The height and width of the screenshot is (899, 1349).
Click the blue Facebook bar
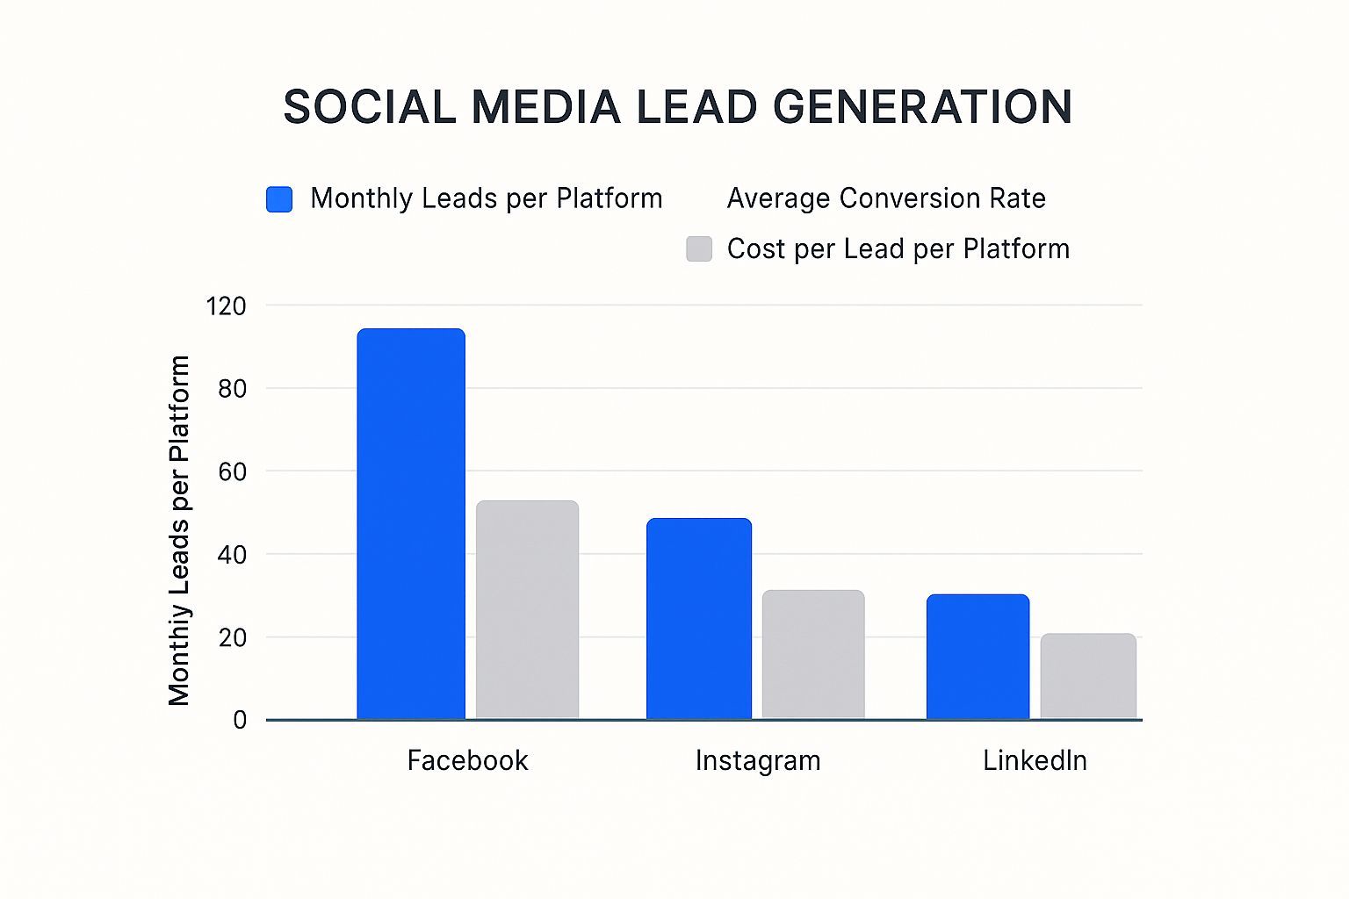coord(411,524)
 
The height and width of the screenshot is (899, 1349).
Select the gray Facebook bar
coord(527,610)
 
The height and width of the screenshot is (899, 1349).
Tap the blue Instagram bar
coord(699,619)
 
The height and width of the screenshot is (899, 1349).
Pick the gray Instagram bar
coord(813,655)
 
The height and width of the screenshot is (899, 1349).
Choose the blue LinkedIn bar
coord(977,657)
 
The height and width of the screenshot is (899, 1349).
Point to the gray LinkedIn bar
coord(1088,676)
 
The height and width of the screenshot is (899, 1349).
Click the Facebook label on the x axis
coord(467,760)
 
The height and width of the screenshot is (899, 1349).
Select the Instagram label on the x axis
coord(758,760)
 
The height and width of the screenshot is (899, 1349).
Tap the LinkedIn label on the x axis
coord(1035,760)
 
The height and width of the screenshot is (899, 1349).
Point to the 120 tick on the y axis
coord(226,306)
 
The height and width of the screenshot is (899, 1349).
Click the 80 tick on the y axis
coord(232,389)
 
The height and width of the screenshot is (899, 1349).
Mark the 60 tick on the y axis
coord(232,471)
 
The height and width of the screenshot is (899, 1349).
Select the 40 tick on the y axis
coord(232,555)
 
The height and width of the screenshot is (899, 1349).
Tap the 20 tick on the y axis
coord(232,637)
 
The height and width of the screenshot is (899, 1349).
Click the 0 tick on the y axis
coord(239,721)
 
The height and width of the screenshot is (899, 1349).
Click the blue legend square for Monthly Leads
coord(279,199)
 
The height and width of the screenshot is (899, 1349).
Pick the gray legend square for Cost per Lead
coord(699,249)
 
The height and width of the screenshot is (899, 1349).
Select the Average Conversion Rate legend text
coord(886,198)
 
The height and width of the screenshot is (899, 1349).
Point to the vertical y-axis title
coord(179,530)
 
